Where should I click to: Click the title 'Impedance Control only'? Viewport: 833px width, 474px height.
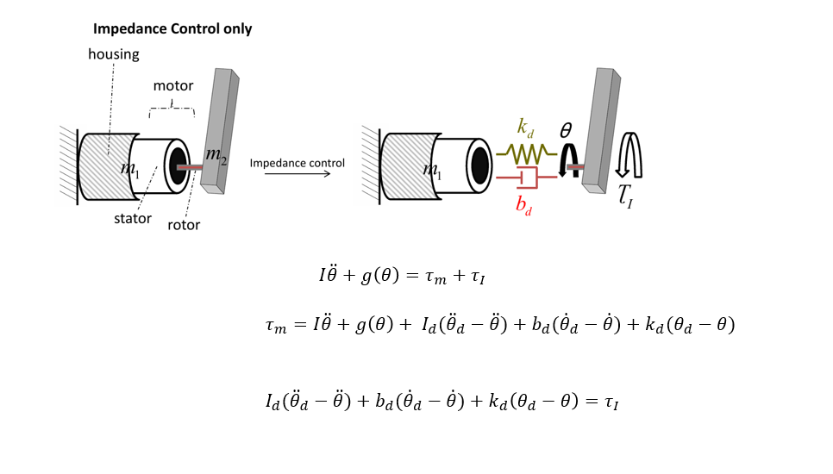pyautogui.click(x=172, y=29)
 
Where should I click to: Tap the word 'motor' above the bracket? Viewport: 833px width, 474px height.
pyautogui.click(x=173, y=86)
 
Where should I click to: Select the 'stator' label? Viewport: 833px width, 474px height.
pyautogui.click(x=132, y=218)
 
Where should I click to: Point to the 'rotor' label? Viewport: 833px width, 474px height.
pyautogui.click(x=184, y=225)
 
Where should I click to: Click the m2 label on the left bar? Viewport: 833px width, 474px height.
pyautogui.click(x=216, y=156)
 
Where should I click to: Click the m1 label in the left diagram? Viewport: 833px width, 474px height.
pyautogui.click(x=129, y=168)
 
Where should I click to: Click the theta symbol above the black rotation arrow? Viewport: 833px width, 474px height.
pyautogui.click(x=566, y=130)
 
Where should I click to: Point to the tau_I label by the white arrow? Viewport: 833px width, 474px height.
pyautogui.click(x=627, y=200)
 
